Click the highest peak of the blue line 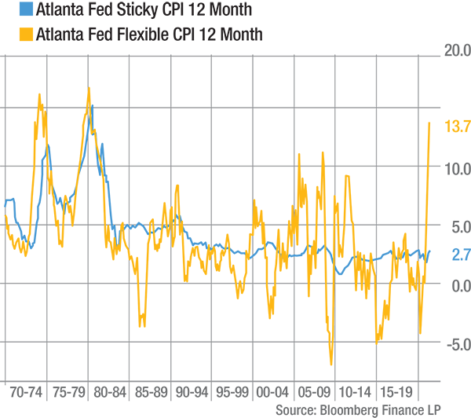pyautogui.click(x=93, y=103)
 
